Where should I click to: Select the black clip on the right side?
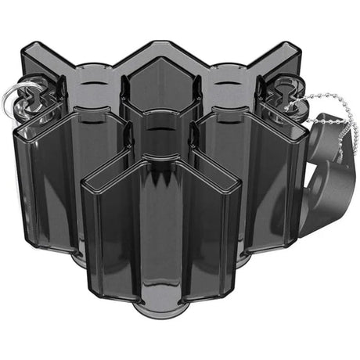pyautogui.click(x=329, y=157)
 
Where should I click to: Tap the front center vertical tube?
pyautogui.click(x=160, y=235)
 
